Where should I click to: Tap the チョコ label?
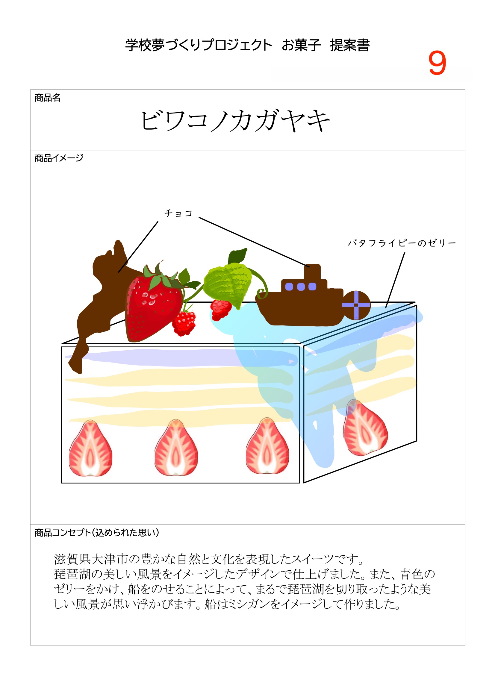178,213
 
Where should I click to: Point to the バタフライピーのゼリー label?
402,243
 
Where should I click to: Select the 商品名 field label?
48,98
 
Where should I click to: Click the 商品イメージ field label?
59,158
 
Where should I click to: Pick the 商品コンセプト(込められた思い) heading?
96,533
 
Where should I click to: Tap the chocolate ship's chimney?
312,272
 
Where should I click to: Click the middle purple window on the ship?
301,287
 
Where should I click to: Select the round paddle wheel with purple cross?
356,305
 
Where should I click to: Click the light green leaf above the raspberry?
227,282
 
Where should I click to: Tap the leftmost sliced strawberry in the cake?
90,449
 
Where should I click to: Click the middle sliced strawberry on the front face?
176,448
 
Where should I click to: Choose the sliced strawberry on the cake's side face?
365,428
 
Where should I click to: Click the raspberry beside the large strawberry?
184,323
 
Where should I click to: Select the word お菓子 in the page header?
301,45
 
